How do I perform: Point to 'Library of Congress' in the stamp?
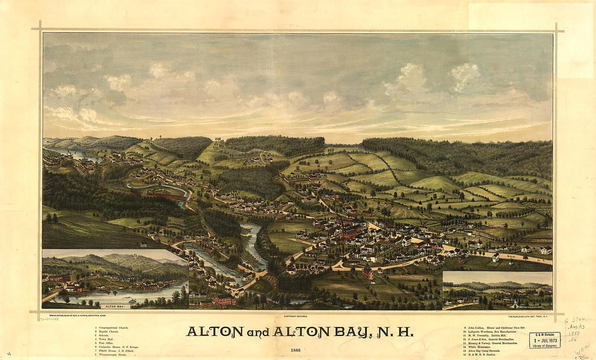tap(545, 345)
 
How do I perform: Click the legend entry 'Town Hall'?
tap(106, 339)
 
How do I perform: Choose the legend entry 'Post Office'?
tap(107, 343)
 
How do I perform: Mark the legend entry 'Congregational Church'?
tap(114, 327)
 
